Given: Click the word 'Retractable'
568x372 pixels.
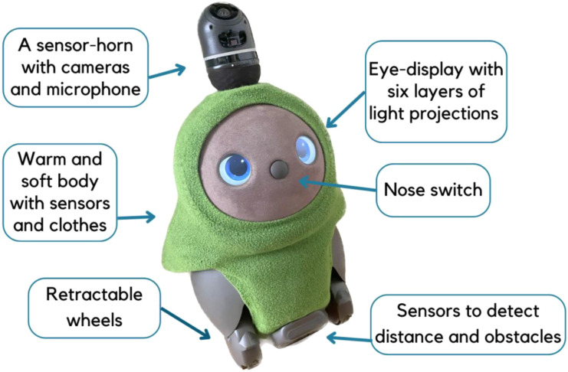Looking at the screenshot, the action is [94, 294].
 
